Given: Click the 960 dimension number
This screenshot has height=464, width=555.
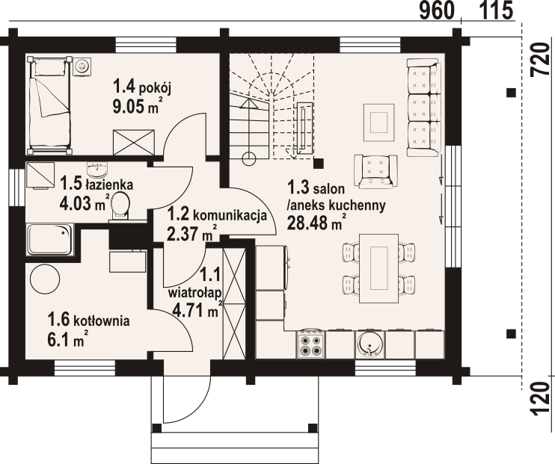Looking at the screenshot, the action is pos(436,10).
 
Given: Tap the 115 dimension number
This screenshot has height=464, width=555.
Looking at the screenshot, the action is pos(496,10).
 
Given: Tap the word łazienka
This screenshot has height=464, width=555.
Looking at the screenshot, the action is pos(109,185).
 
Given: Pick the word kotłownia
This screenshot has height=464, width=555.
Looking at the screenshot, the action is pos(102,321).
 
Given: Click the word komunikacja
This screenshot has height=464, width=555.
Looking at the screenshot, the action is pos(230,215).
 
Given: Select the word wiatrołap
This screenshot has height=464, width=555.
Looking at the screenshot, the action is pos(195,293).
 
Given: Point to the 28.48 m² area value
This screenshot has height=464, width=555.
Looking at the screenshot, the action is pos(316,223).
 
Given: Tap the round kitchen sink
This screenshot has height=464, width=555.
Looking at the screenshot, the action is pos(370,344).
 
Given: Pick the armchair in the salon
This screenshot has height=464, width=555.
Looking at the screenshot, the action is pos(375,172).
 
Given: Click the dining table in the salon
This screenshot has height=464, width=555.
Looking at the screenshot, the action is pos(379,268).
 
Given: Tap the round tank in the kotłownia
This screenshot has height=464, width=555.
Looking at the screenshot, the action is pos(45,279).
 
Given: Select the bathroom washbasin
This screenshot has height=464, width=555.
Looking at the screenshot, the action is pos(99,170).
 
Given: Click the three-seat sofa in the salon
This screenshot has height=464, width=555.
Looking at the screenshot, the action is pos(424,108).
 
